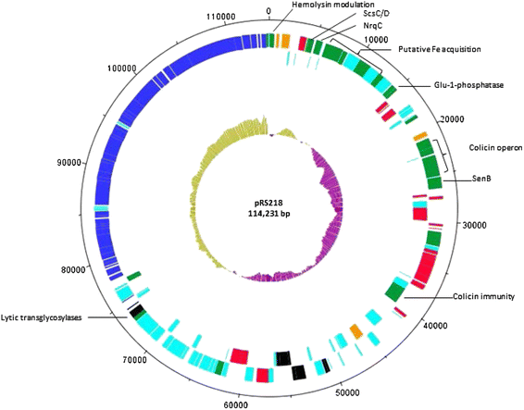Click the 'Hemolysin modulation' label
tap(333, 5)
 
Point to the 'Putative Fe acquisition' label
tap(440, 49)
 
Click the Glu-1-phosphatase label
tap(468, 85)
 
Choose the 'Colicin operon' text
tap(495, 147)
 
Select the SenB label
tap(481, 179)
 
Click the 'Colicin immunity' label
tap(483, 296)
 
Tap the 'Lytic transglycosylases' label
tap(41, 317)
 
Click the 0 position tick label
tap(268, 11)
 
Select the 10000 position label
tap(376, 40)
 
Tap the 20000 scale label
tap(452, 119)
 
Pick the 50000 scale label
tap(347, 392)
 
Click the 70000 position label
tap(134, 360)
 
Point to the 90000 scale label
tap(69, 163)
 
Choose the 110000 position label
tap(221, 17)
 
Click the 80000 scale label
tap(73, 269)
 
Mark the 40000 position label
tap(435, 325)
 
